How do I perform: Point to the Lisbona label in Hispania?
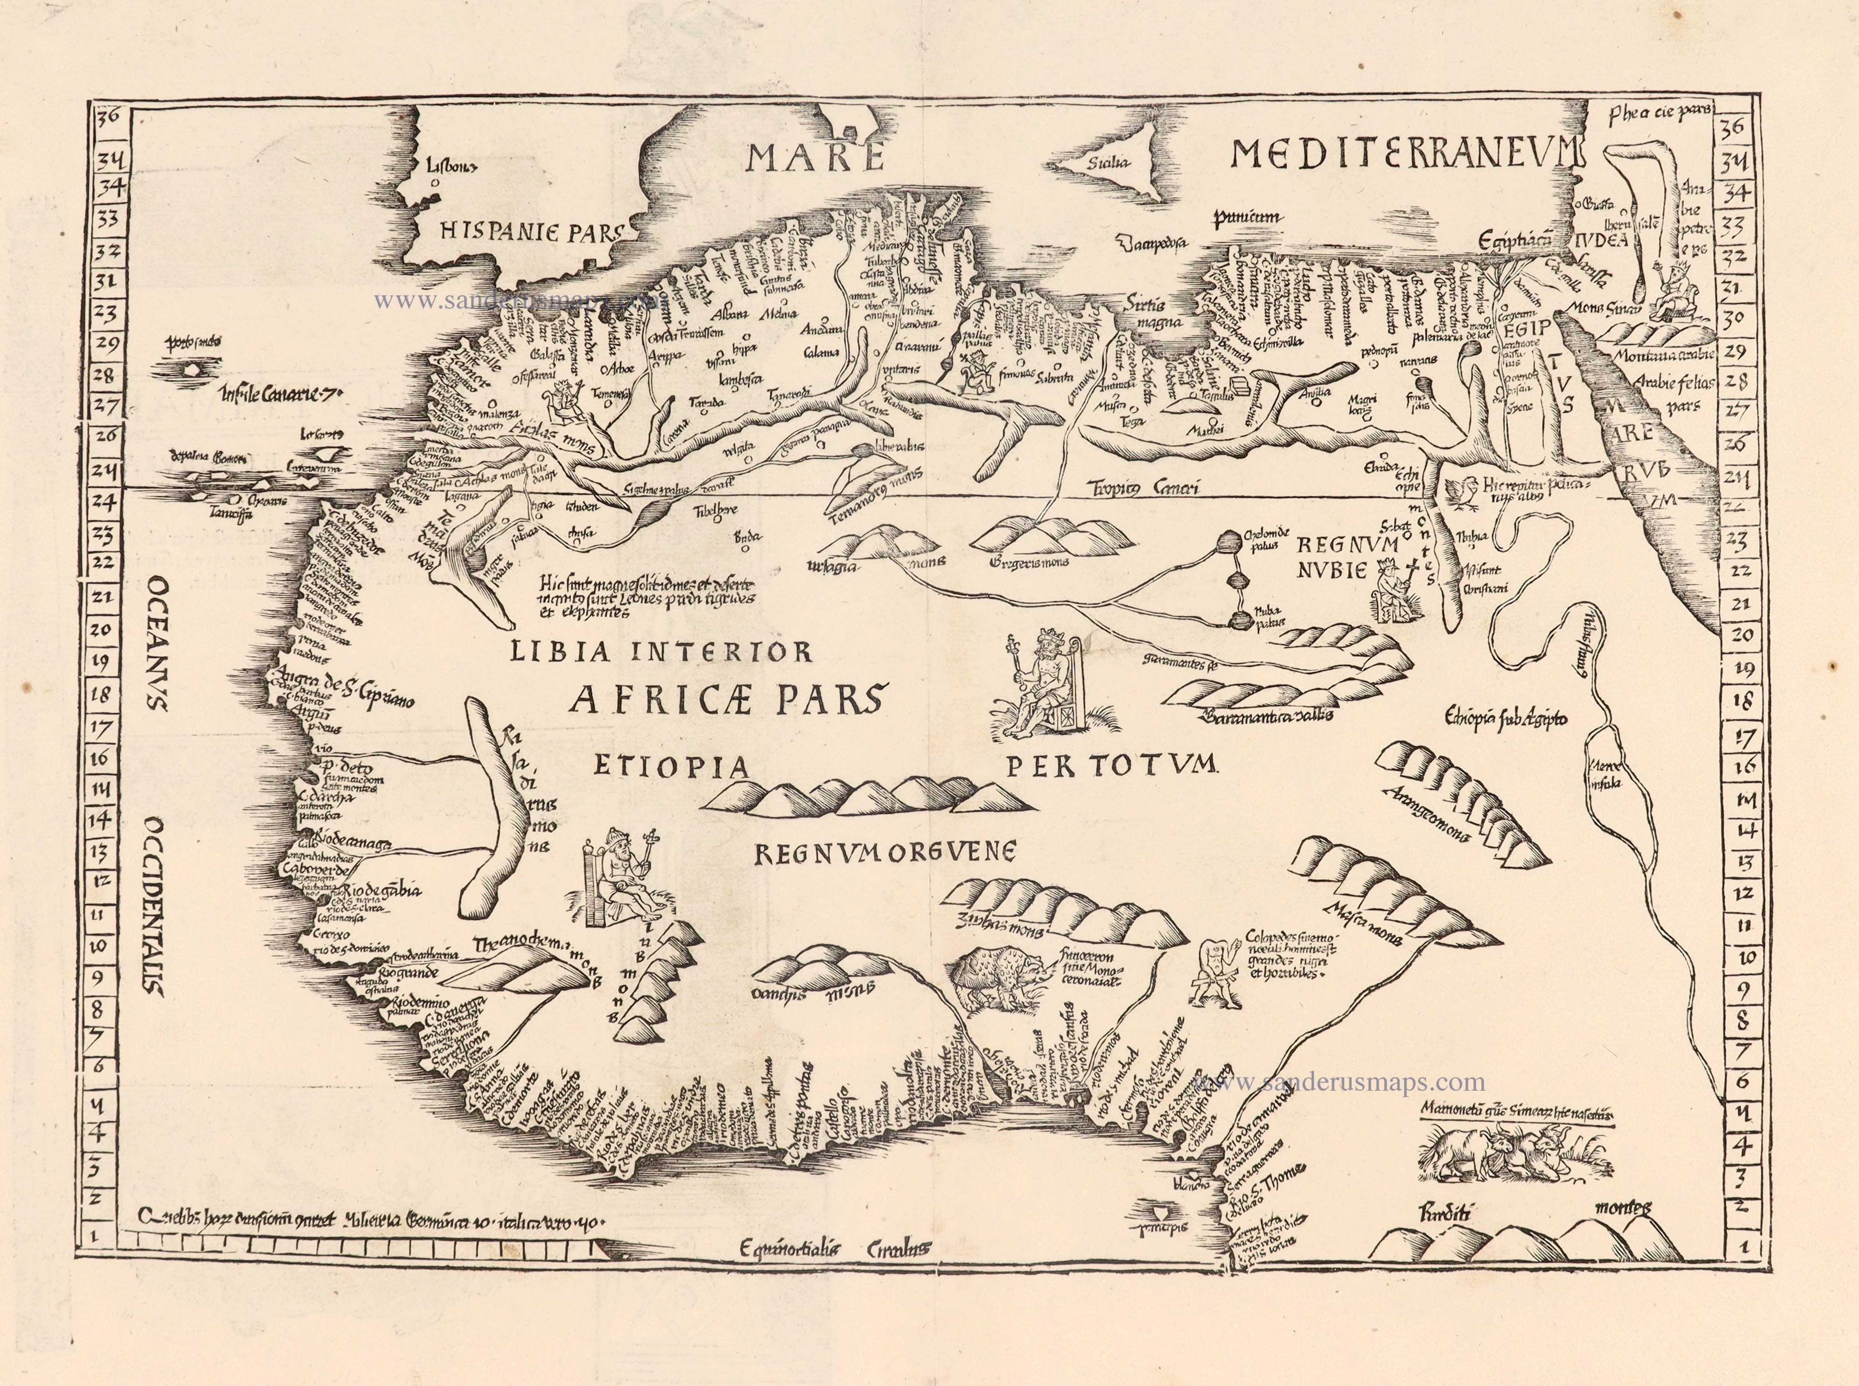tap(452, 166)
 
